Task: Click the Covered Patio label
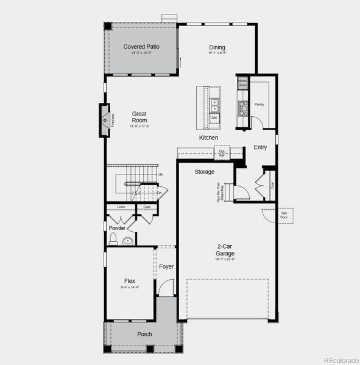click(141, 47)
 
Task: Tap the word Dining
click(217, 47)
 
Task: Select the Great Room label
click(139, 117)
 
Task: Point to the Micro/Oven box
click(242, 83)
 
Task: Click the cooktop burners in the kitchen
click(242, 108)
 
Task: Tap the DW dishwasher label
click(214, 118)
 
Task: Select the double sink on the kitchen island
click(214, 106)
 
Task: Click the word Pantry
click(259, 104)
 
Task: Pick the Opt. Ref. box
click(222, 152)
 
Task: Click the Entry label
click(260, 147)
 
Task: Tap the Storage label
click(204, 172)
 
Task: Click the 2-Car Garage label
click(225, 250)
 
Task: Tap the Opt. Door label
click(284, 215)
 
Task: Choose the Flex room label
click(130, 280)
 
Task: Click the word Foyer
click(166, 266)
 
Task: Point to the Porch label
click(144, 334)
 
